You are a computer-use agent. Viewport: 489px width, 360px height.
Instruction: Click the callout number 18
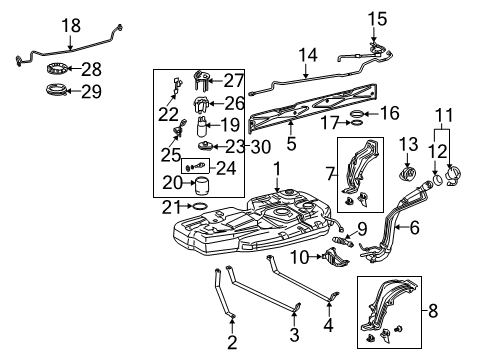(71, 25)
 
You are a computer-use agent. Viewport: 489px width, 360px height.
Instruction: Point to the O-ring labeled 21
(199, 207)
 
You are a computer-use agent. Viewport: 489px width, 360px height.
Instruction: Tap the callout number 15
(375, 18)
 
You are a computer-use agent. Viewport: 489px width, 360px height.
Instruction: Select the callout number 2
(232, 343)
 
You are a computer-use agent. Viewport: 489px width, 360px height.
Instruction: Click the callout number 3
(294, 333)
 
